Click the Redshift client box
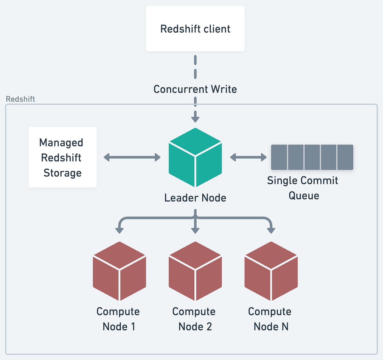195,29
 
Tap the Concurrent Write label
195,89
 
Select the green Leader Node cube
195,158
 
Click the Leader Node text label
195,198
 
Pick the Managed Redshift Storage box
62,158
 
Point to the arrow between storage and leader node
132,157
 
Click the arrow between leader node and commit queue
248,157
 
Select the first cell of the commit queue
279,157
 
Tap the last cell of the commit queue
345,157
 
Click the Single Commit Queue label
303,188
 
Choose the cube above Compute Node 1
119,271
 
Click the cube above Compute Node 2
195,271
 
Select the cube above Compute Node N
271,271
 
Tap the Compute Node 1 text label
118,319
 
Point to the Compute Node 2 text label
194,319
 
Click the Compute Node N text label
270,319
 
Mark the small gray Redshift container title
20,99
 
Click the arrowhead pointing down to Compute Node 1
119,230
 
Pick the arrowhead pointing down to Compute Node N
271,230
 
